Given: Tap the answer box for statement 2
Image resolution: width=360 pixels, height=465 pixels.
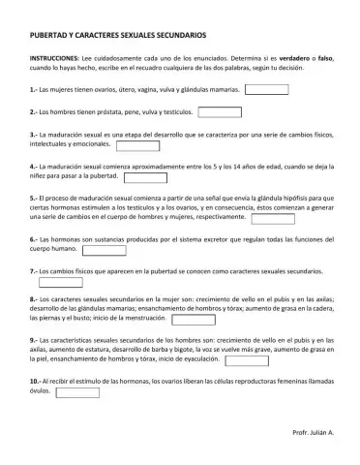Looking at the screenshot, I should [x=234, y=112].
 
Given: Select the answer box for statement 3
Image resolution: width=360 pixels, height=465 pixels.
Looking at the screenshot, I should [x=137, y=146].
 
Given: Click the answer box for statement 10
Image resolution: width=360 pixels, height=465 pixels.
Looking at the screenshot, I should [x=78, y=393].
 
